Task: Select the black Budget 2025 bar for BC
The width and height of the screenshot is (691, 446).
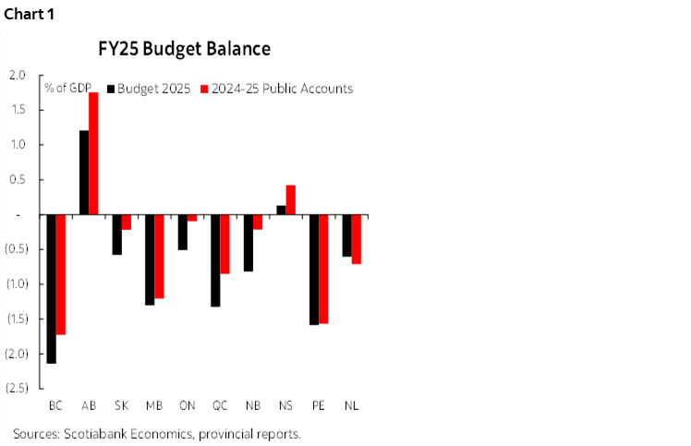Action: tap(52, 289)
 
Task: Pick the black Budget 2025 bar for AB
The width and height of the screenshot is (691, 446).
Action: tap(84, 173)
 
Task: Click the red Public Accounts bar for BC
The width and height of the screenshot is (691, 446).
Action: tap(62, 274)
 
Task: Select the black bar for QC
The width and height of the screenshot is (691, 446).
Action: tap(216, 260)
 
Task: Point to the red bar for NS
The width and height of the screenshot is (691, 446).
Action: tap(290, 199)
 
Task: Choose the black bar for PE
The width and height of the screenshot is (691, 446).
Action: tap(314, 270)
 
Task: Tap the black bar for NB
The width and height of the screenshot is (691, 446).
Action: tap(249, 243)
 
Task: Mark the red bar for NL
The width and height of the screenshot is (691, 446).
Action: tap(357, 239)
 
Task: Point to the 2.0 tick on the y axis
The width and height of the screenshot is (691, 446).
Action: tap(18, 75)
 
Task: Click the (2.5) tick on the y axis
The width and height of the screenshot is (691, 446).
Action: tap(16, 388)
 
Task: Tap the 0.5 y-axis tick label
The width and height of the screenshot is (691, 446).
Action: tap(18, 179)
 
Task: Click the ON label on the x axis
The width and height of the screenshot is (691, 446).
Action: tap(188, 405)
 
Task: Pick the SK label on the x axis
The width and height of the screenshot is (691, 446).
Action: tap(121, 405)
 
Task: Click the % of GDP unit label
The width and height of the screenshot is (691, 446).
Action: tap(65, 89)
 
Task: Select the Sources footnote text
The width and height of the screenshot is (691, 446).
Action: tap(157, 433)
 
